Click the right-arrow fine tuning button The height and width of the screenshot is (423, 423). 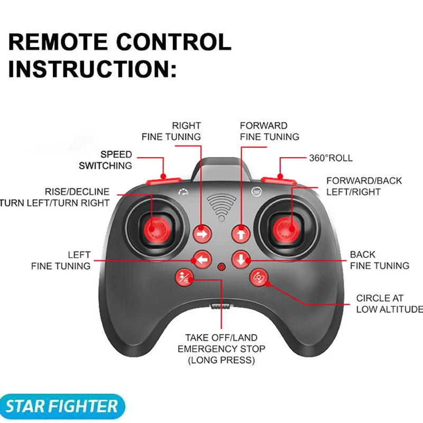tap(201, 232)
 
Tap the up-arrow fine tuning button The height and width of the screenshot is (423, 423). tap(241, 232)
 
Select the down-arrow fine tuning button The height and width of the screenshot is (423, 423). tap(241, 259)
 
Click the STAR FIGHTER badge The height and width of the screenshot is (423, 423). tap(62, 407)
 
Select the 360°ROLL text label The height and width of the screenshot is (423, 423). tap(330, 158)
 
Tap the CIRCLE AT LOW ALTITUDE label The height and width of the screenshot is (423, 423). tap(389, 304)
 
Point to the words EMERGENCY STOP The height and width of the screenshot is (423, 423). tap(222, 349)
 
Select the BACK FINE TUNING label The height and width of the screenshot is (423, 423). tap(379, 260)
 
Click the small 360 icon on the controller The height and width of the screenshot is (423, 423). tap(256, 191)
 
